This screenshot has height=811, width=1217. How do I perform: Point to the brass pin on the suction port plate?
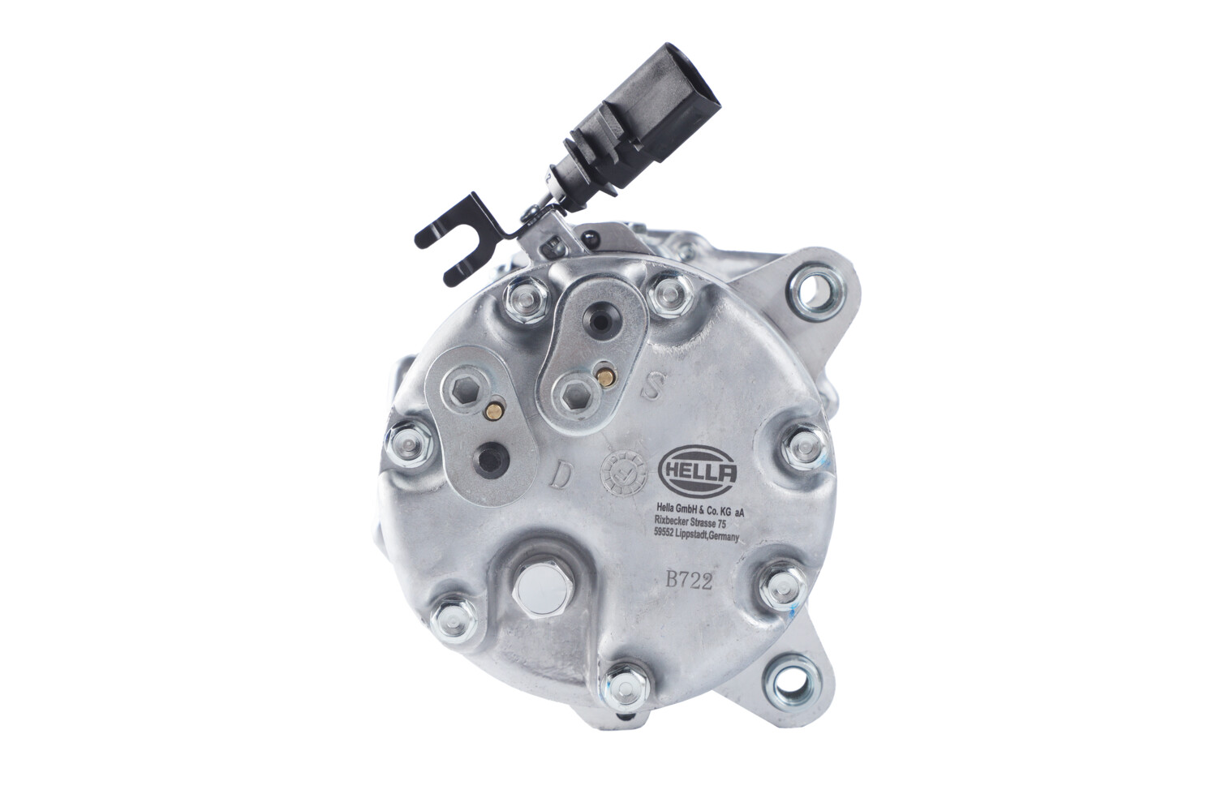click(x=604, y=375)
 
